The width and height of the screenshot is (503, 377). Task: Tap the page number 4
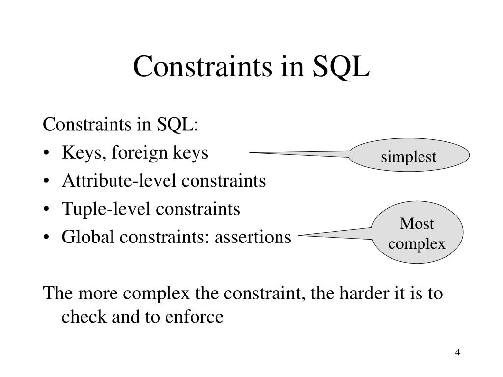click(457, 353)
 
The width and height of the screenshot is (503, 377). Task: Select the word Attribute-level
click(120, 181)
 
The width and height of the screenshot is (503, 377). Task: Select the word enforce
click(196, 317)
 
